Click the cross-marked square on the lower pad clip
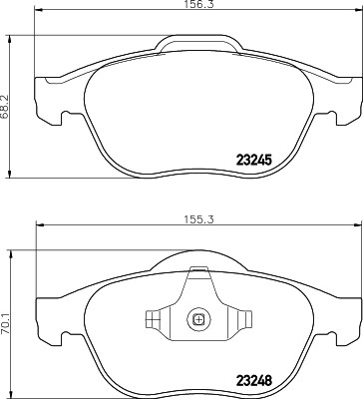point(198,321)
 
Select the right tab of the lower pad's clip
point(242,320)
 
